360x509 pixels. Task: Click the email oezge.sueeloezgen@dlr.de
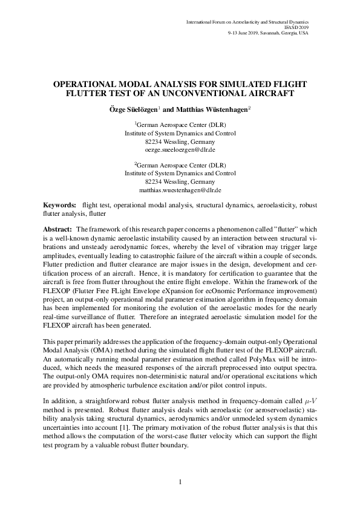[x=180, y=149]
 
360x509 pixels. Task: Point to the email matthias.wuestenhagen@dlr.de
[x=180, y=189]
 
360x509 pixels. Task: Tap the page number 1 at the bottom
[x=180, y=481]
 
